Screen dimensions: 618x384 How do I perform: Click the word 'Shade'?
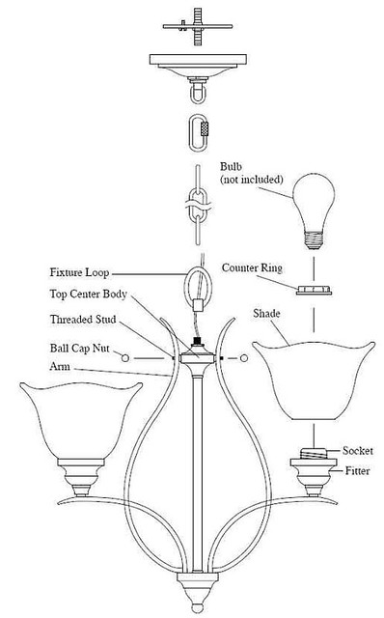[x=267, y=314]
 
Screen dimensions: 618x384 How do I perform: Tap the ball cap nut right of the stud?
[x=244, y=359]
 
